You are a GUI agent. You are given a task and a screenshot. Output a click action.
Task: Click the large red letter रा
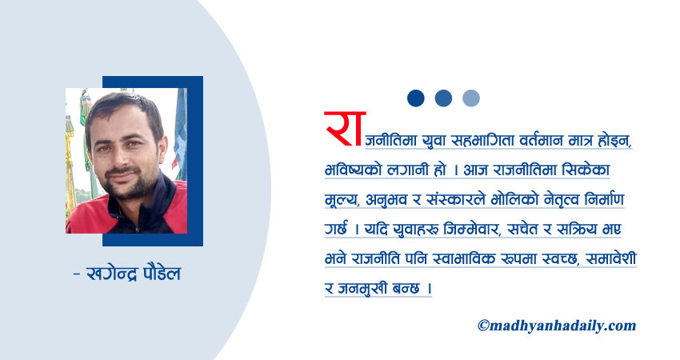coord(339,130)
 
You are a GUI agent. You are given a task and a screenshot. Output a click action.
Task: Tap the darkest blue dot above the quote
coord(415,98)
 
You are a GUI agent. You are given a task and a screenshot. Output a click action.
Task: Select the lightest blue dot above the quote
coord(471,98)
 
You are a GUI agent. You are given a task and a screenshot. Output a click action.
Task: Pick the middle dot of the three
coord(443,98)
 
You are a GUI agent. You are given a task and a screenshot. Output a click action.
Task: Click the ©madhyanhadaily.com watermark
coord(556,325)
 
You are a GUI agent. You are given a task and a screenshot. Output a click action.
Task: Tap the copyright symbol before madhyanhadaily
coord(483,326)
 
